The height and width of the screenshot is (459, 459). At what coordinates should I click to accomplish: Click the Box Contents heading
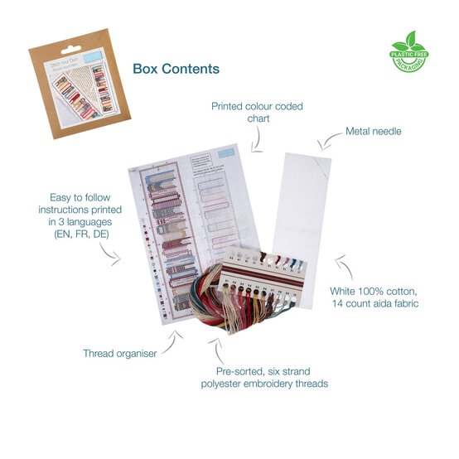(x=176, y=69)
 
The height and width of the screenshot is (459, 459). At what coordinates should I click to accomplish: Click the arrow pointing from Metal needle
(x=330, y=143)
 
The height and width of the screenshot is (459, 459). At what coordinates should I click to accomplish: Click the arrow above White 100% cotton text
(x=345, y=267)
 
